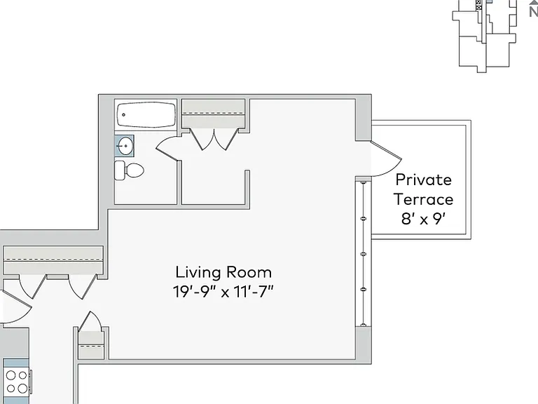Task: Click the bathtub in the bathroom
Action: [146, 114]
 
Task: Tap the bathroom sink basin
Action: [125, 146]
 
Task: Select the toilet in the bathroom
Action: [129, 170]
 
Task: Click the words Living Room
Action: [223, 272]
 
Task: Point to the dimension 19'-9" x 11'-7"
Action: [223, 292]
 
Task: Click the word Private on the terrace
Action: [423, 180]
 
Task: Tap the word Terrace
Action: [423, 199]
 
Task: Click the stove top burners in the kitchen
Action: [17, 382]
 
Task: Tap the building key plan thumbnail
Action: [485, 35]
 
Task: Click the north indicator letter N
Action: [533, 13]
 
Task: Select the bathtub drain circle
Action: [123, 115]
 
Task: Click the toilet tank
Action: [119, 170]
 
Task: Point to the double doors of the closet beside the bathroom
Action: [214, 140]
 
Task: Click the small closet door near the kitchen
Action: [90, 321]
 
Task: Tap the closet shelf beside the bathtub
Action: [213, 114]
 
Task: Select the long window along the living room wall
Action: [364, 254]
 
